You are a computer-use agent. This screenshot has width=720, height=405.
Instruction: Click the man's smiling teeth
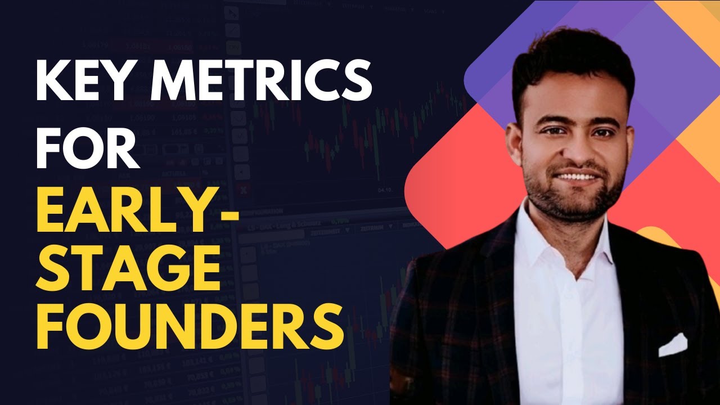(x=574, y=177)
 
